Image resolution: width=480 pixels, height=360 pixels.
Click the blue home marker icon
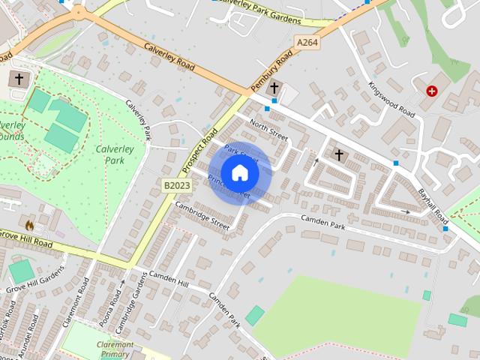click(239, 173)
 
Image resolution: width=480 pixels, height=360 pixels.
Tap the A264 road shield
click(307, 43)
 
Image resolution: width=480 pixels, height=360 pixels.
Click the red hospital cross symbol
click(432, 91)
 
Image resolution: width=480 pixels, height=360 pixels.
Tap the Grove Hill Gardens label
click(36, 283)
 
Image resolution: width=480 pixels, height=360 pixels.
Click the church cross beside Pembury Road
click(274, 86)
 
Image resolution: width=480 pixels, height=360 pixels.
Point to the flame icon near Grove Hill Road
click(29, 225)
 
